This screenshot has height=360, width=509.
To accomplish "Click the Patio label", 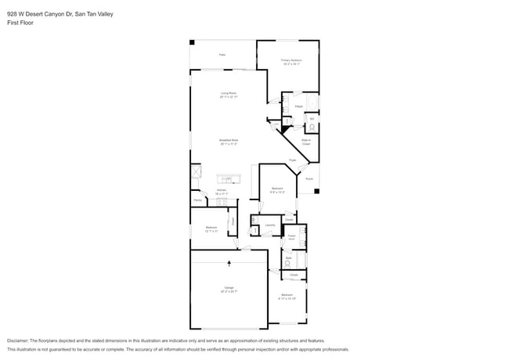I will (x=222, y=55).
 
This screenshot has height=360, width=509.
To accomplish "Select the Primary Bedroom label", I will (x=291, y=61).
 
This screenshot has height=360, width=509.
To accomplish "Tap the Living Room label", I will (x=228, y=95).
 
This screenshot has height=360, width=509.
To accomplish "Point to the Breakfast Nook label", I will (x=228, y=142).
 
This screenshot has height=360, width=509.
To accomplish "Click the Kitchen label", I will (x=222, y=190).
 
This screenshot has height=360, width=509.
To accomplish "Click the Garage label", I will (x=229, y=290).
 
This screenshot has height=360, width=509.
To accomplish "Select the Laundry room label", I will (x=269, y=225).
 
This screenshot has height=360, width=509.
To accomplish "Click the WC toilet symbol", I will (x=311, y=127).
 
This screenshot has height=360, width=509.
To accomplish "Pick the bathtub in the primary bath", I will (x=312, y=104).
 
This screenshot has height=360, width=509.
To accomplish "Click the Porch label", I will (x=309, y=179).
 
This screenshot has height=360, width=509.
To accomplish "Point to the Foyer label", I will (x=291, y=160).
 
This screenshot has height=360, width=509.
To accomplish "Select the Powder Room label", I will (x=291, y=235).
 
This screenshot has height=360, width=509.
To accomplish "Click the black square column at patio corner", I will (x=193, y=42).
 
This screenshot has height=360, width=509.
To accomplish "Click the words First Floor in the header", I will (x=20, y=23).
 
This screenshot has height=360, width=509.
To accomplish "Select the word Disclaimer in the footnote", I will (x=20, y=341).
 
